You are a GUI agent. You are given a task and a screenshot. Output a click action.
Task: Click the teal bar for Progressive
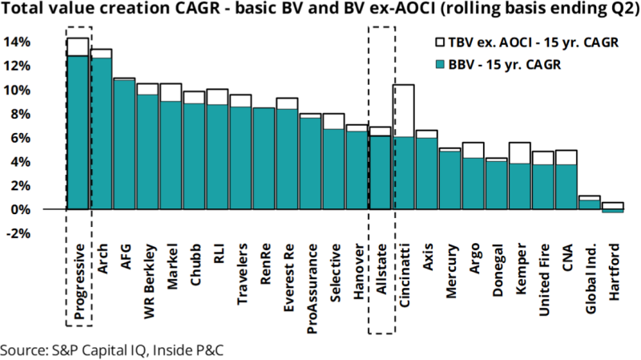click(78, 132)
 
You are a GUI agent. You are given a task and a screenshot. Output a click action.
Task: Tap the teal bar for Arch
click(101, 133)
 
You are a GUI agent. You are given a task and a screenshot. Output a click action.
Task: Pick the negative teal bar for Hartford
click(613, 211)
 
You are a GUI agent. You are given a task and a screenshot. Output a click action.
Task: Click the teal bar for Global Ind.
click(590, 204)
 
